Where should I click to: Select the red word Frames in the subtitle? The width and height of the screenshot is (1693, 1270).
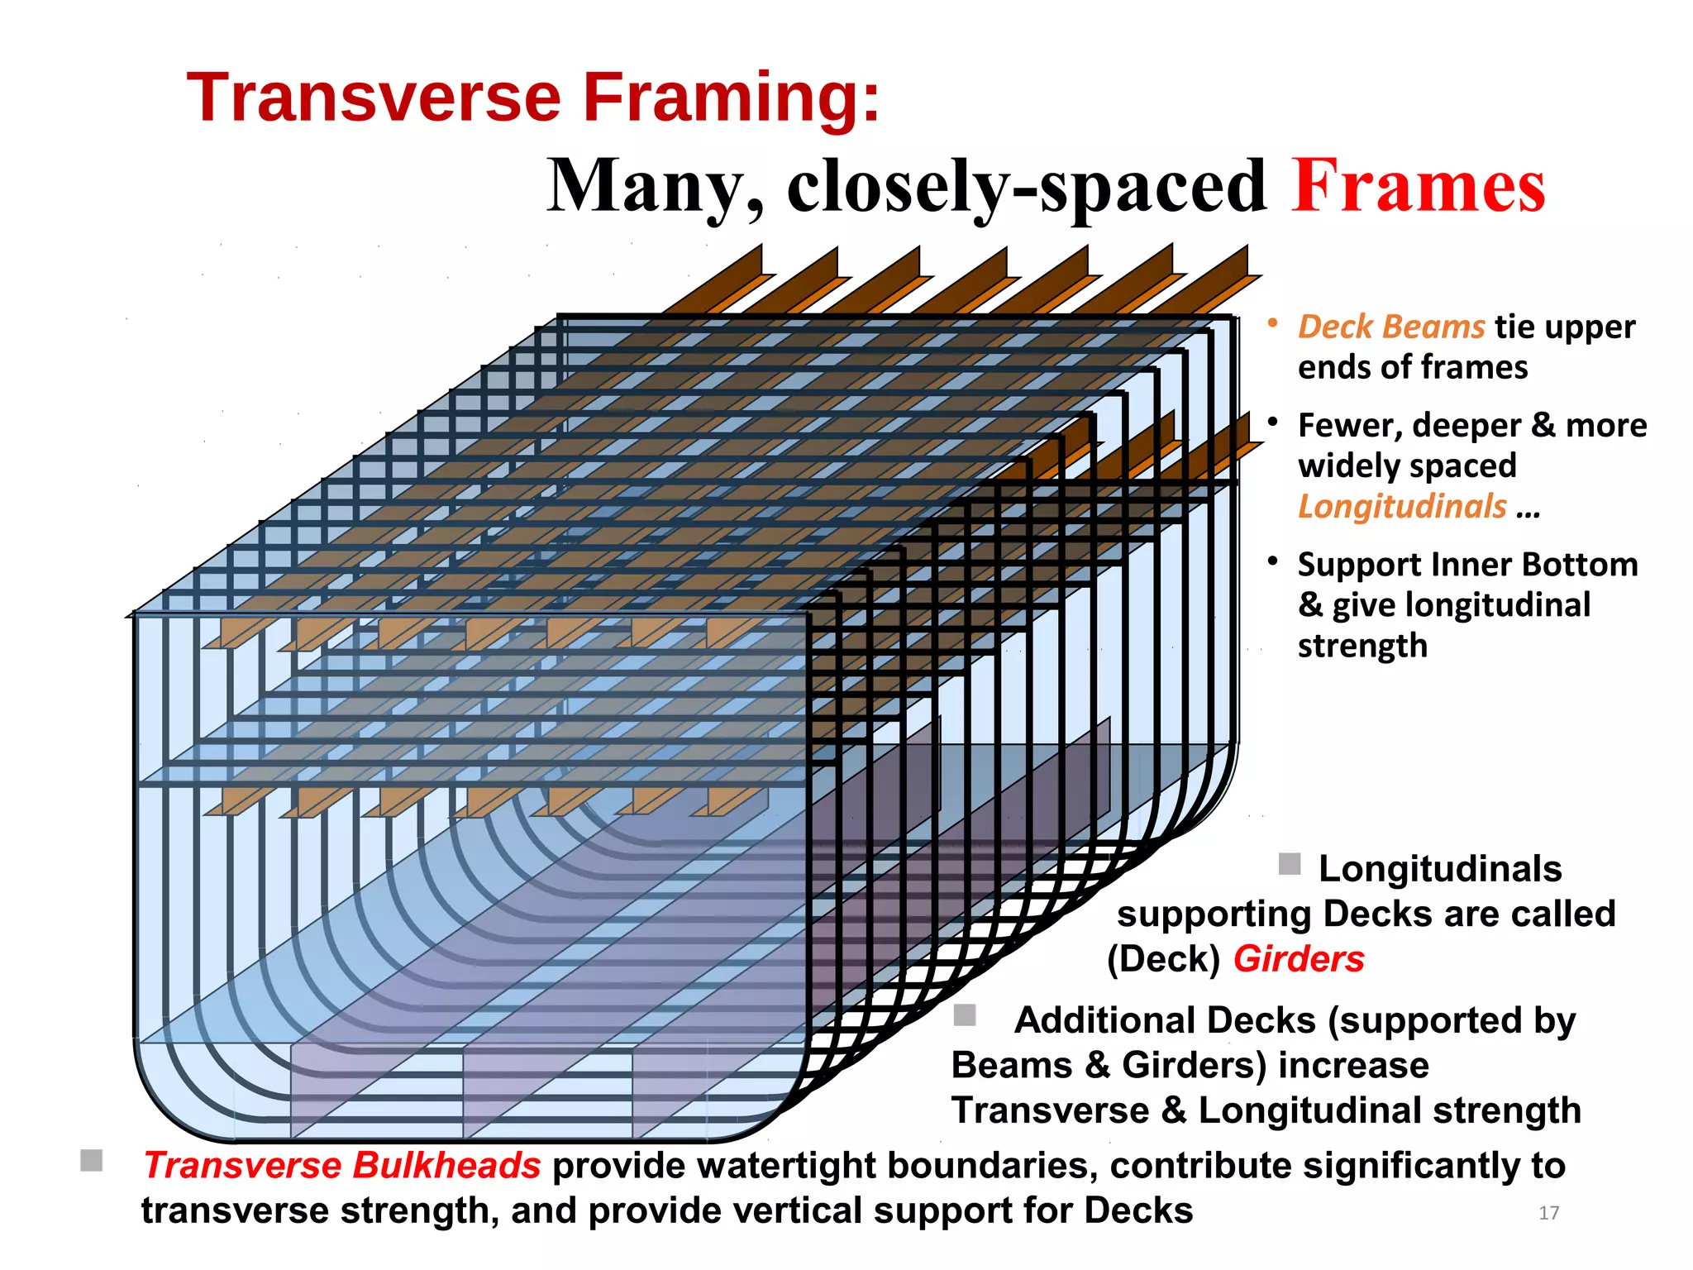(x=1418, y=186)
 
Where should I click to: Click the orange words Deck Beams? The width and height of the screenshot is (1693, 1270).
(x=1391, y=327)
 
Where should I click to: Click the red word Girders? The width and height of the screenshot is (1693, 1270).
(x=1298, y=959)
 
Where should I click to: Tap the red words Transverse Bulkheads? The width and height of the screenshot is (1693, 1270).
(x=342, y=1166)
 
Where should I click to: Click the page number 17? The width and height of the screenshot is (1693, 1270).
(x=1548, y=1213)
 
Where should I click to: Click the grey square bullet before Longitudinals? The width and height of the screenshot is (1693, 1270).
(x=1290, y=864)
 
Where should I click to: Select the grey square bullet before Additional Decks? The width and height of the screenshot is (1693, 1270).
(x=964, y=1015)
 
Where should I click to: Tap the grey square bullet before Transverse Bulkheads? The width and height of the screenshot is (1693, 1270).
(x=92, y=1160)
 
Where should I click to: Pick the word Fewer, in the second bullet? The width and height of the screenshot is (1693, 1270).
(x=1349, y=426)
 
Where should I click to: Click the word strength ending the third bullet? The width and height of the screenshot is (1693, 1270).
(x=1362, y=646)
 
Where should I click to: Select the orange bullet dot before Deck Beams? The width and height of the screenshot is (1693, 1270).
(x=1274, y=323)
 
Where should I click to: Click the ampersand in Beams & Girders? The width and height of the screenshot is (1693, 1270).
(x=1097, y=1066)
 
